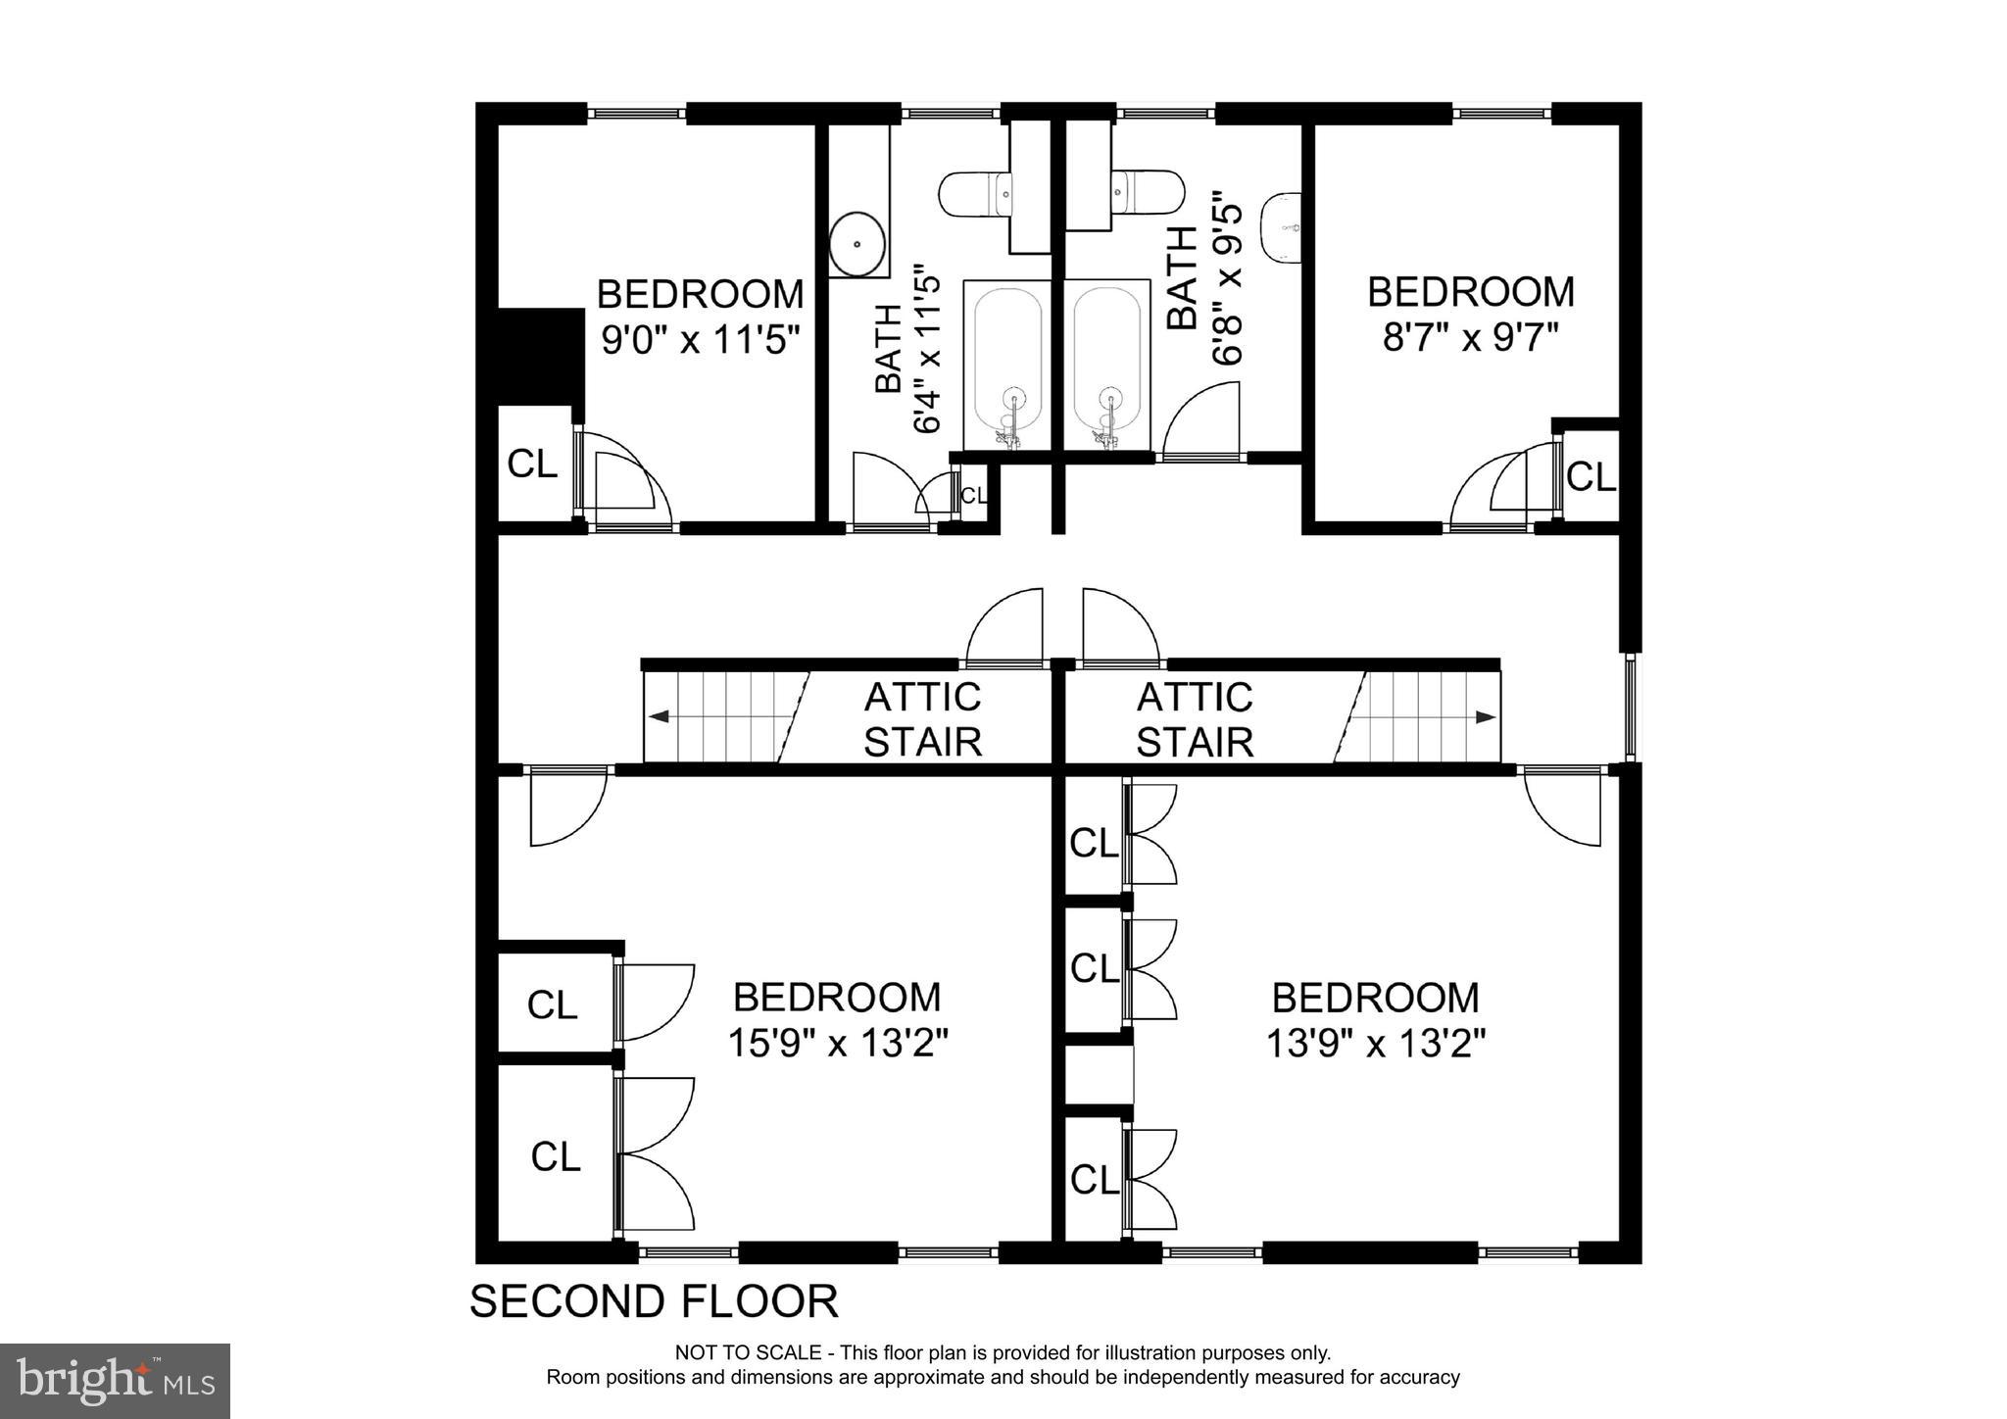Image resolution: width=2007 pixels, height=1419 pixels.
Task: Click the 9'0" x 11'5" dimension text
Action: point(700,340)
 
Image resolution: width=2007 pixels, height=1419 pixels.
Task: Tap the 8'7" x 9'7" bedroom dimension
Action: point(1470,338)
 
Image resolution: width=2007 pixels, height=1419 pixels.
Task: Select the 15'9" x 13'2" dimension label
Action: point(837,1043)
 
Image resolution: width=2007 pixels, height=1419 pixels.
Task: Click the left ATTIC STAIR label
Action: point(921,719)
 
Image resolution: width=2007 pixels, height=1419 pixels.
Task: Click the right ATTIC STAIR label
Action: point(1194,719)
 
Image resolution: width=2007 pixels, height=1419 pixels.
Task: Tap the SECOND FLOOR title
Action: point(654,1301)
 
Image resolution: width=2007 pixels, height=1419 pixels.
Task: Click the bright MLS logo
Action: point(115,1381)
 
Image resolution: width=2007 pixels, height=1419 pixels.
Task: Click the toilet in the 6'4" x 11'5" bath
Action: point(974,194)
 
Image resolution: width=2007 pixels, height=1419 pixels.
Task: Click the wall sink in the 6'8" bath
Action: point(1281,228)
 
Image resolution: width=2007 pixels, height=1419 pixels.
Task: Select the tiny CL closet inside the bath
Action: point(973,496)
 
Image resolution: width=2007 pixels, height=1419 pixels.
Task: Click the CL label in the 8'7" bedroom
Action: point(1590,477)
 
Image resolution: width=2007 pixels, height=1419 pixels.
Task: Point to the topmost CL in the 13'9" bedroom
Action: point(1093,843)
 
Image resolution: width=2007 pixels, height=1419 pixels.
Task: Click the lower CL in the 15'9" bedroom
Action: point(555,1156)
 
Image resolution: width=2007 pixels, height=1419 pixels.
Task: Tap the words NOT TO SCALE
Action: point(748,1353)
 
